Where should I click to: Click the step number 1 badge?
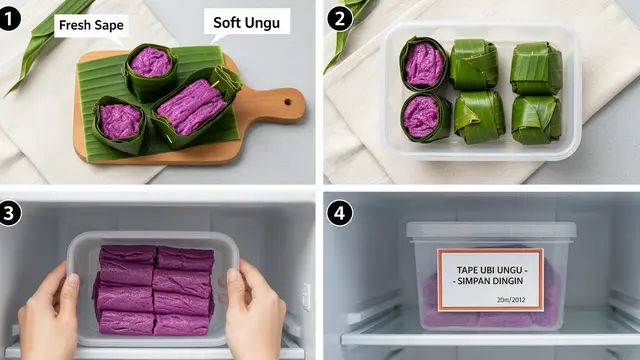click(9, 19)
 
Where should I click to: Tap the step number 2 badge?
click(340, 19)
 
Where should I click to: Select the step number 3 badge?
click(9, 213)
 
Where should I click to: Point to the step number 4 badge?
click(340, 213)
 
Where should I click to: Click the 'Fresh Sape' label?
click(91, 25)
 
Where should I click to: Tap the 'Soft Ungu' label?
click(247, 22)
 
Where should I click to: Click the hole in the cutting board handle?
click(288, 102)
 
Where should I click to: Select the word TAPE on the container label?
click(467, 270)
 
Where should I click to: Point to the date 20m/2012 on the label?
click(511, 300)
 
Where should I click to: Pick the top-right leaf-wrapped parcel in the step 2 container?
click(536, 69)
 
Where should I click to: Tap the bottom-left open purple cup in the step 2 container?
click(425, 117)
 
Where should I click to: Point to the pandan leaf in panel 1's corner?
click(45, 41)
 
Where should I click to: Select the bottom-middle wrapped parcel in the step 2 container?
click(479, 118)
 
